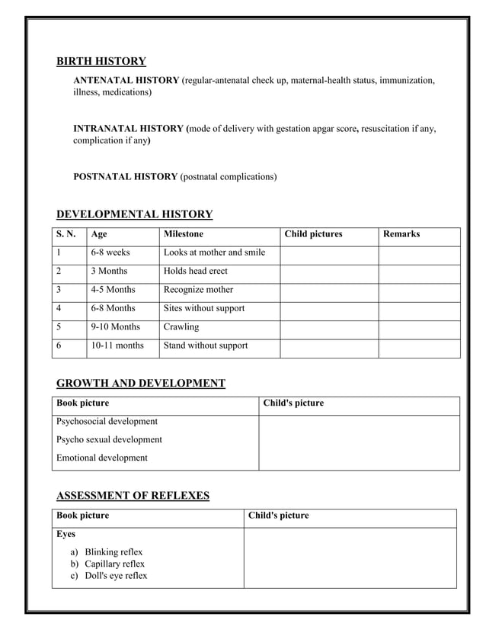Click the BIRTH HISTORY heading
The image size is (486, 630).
pyautogui.click(x=101, y=62)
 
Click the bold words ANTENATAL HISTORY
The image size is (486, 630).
pyautogui.click(x=126, y=80)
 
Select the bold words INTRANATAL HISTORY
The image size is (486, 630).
pyautogui.click(x=129, y=129)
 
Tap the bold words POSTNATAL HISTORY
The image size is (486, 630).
pyautogui.click(x=125, y=177)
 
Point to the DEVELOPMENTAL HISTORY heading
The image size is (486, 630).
pyautogui.click(x=134, y=214)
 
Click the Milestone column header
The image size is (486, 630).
pyautogui.click(x=184, y=234)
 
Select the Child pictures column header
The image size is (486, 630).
pyautogui.click(x=313, y=234)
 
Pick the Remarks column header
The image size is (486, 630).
pyautogui.click(x=401, y=234)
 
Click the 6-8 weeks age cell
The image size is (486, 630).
pyautogui.click(x=110, y=252)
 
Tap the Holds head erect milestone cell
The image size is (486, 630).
pyautogui.click(x=195, y=272)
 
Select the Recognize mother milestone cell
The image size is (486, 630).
pyautogui.click(x=198, y=290)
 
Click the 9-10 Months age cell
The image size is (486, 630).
pyautogui.click(x=115, y=327)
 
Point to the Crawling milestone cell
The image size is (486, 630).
pyautogui.click(x=181, y=327)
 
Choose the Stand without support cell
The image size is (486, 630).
pyautogui.click(x=206, y=346)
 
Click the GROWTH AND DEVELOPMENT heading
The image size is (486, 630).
pyautogui.click(x=140, y=383)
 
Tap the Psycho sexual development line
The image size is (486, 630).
pyautogui.click(x=109, y=439)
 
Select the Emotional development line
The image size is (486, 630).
pyautogui.click(x=101, y=458)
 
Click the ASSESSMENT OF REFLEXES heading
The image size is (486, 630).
pyautogui.click(x=133, y=496)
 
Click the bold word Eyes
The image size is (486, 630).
pyautogui.click(x=66, y=534)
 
